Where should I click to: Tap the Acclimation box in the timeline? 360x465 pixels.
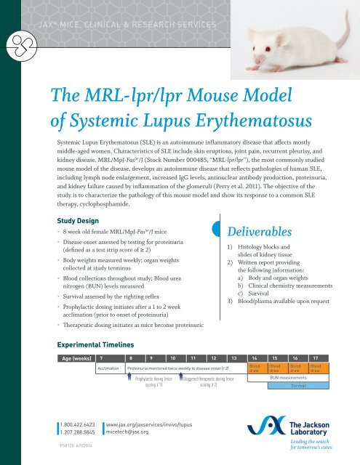point(109,368)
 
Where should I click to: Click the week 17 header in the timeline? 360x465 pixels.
point(313,358)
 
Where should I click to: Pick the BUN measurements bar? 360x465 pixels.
point(287,379)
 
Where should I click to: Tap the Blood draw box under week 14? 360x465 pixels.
point(255,368)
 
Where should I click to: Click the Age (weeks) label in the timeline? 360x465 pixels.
point(76,358)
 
